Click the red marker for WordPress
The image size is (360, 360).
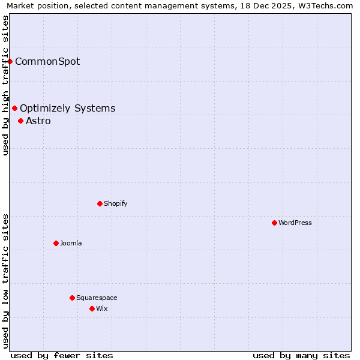tap(274, 223)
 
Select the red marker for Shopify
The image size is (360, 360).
tap(100, 203)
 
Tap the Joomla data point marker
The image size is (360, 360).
tap(56, 243)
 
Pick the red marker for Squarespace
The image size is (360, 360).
tap(72, 298)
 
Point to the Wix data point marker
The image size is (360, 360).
tap(92, 308)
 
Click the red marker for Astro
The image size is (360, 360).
tap(20, 121)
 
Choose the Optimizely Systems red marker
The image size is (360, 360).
tap(14, 108)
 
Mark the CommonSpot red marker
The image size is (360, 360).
tap(10, 61)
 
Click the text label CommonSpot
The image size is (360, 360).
tap(47, 61)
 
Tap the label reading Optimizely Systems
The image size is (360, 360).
tap(67, 108)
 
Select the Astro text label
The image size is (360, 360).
tap(38, 121)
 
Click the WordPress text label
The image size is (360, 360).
tap(295, 223)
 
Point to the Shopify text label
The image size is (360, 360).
tap(116, 203)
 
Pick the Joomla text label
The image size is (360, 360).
tap(71, 243)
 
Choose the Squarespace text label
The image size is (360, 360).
tap(97, 298)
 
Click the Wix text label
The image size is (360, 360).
tap(102, 308)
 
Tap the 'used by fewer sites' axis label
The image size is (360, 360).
tap(62, 355)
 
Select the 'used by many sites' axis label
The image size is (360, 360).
tap(301, 355)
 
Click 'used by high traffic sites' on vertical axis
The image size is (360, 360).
tap(5, 85)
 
